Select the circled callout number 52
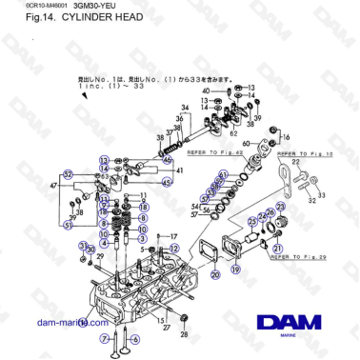pyautogui.click(x=69, y=174)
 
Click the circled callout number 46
pyautogui.click(x=168, y=160)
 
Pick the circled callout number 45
pyautogui.click(x=167, y=182)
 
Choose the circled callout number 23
pyautogui.click(x=251, y=221)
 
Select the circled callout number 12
pyautogui.click(x=103, y=169)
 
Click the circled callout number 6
pyautogui.click(x=135, y=338)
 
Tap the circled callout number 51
pyautogui.click(x=69, y=225)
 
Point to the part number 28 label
pyautogui.click(x=185, y=334)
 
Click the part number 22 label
pyautogui.click(x=296, y=164)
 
